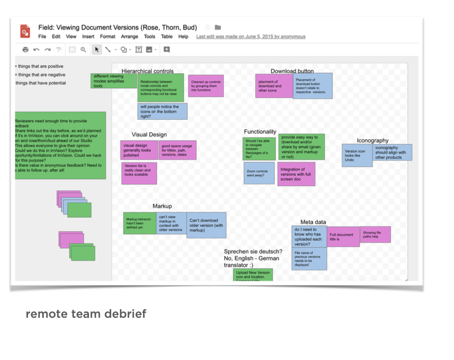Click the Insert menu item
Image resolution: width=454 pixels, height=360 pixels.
(x=88, y=37)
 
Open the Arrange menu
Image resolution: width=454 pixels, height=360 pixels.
(x=129, y=37)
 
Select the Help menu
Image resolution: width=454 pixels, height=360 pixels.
(x=183, y=37)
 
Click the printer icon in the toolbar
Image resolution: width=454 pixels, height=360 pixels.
(x=25, y=50)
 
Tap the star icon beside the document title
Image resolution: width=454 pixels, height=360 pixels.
(x=208, y=28)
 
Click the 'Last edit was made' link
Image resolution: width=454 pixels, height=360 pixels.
(x=251, y=37)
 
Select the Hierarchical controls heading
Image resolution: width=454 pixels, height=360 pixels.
(x=147, y=71)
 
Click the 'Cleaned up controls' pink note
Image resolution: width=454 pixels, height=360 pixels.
(x=206, y=86)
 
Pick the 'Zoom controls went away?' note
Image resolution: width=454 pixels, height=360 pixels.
(x=259, y=173)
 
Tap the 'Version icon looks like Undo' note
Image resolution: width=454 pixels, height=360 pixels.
(x=357, y=155)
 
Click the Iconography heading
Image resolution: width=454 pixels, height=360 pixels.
(x=373, y=140)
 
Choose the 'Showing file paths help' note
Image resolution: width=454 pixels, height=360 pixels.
(x=375, y=234)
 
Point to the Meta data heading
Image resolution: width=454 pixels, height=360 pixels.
(x=313, y=222)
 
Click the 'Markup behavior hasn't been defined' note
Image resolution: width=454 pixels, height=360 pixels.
(x=140, y=223)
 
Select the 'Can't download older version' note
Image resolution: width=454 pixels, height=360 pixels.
(x=206, y=225)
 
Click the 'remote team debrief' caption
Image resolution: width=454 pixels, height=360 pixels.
(x=86, y=314)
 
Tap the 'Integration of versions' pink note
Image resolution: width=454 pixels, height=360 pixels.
(x=296, y=174)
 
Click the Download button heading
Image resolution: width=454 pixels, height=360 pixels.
(x=292, y=71)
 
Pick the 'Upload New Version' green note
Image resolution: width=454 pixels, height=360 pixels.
(x=253, y=275)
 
